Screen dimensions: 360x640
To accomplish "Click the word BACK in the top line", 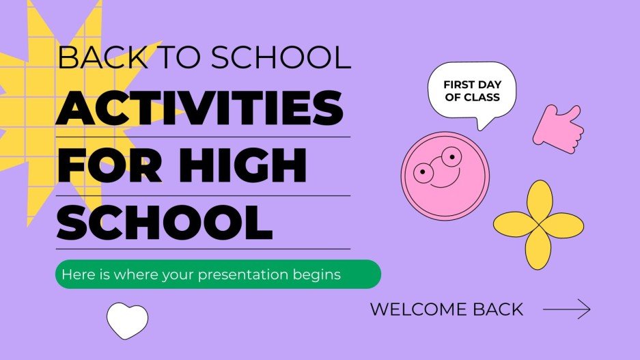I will [89, 58].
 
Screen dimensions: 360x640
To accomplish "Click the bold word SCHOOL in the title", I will [164, 221].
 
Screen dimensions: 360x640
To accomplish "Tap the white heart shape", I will [127, 320].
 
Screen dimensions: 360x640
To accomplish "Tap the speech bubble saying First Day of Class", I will [472, 92].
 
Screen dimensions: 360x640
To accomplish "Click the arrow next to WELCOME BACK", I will [566, 309].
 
